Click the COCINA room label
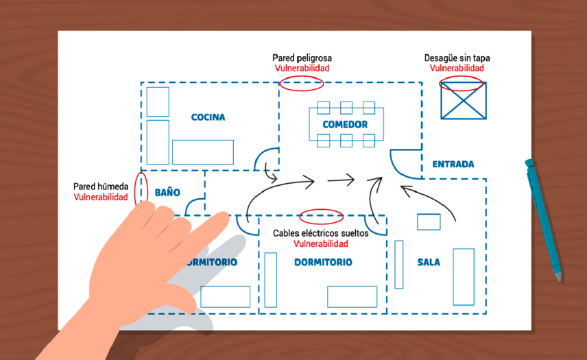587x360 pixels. [x=208, y=117]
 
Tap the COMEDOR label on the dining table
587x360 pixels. [x=345, y=125]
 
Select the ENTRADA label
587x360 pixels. [x=453, y=165]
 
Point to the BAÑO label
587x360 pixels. [x=167, y=193]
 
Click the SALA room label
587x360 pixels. [x=429, y=262]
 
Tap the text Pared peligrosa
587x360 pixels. [x=302, y=58]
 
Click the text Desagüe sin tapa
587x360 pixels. [x=457, y=58]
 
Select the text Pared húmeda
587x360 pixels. [x=100, y=187]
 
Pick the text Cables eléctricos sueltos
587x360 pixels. [x=320, y=233]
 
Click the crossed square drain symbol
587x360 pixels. [x=463, y=101]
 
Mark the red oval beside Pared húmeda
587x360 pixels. [x=142, y=187]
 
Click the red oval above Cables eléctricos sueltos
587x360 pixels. [x=321, y=217]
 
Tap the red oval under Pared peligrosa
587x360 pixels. [x=302, y=84]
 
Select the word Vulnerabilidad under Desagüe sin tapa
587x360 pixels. [x=457, y=68]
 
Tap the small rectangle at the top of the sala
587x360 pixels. [x=429, y=221]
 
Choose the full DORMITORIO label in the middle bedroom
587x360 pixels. [x=323, y=263]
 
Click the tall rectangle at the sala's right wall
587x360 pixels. [x=463, y=276]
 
